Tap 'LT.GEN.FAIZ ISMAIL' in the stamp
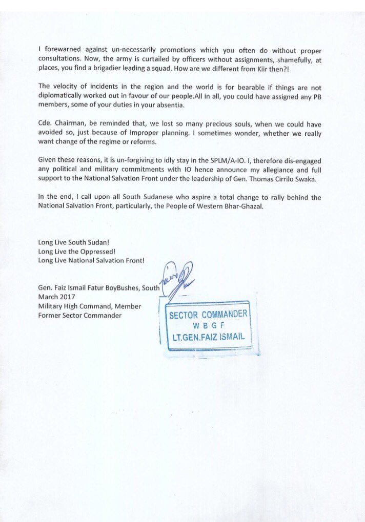[209, 338]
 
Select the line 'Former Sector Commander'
[80, 316]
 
